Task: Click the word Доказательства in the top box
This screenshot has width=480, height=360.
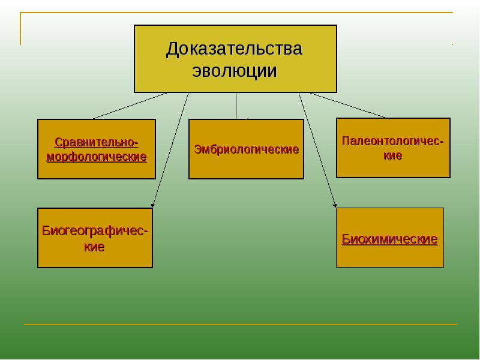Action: point(235,49)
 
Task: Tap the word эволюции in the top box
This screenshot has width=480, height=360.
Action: point(235,71)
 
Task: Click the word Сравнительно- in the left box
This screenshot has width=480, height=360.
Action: point(97,142)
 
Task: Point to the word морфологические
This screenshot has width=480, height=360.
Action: point(97,157)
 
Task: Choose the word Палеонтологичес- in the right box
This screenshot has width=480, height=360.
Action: point(393,141)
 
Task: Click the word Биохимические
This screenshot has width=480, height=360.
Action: point(390,239)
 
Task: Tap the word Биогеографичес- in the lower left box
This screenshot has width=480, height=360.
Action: point(95,231)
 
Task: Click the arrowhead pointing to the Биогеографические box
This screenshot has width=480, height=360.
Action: point(153,205)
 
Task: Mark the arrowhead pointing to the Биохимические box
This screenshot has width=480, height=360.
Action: point(335,205)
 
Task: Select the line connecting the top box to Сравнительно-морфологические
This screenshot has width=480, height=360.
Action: point(129,106)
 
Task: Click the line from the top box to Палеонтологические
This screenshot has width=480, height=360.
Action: point(349,106)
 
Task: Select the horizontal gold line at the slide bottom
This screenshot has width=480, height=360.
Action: point(240,325)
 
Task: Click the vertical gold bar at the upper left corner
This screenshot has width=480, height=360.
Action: point(20,29)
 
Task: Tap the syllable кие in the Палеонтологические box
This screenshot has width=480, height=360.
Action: point(393,155)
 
